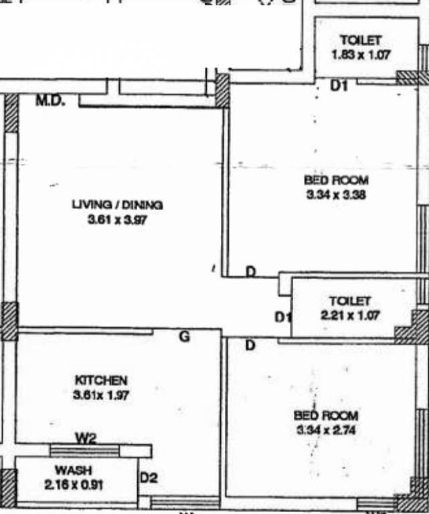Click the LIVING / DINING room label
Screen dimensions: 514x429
117,205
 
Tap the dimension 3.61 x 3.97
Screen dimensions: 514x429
117,220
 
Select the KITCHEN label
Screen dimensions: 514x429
100,380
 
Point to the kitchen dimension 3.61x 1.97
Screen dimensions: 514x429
100,395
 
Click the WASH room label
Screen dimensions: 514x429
74,470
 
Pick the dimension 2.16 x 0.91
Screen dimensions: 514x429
74,485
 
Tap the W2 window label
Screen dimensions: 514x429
86,439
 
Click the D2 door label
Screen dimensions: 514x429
148,478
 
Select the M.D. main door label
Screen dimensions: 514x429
51,101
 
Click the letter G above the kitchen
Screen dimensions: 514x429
183,337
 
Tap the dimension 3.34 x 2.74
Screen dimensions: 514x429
326,430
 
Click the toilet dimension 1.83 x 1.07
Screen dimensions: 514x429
361,54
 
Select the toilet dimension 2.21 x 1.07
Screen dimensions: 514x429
351,315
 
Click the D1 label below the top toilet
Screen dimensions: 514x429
340,86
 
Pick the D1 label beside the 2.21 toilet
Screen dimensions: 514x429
284,316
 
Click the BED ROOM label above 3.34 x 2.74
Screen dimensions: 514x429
326,416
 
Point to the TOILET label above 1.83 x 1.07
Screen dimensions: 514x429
361,40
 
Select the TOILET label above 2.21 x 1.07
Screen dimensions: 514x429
349,301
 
